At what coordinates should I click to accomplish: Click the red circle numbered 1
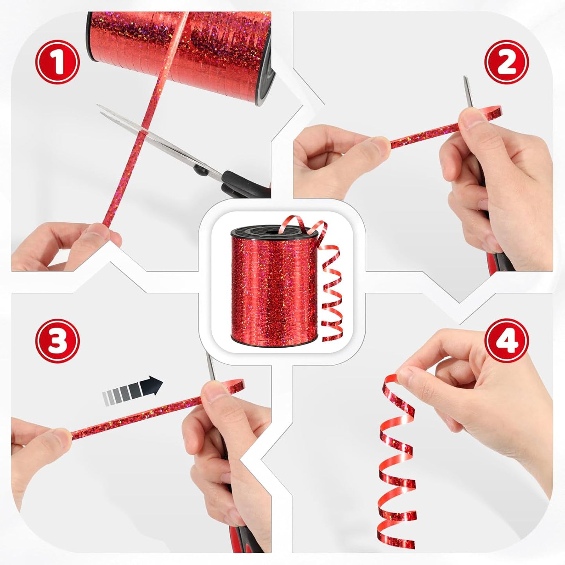57,62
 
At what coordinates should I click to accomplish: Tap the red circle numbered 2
507,62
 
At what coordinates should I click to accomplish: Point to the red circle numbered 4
507,341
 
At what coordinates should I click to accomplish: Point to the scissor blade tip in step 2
465,77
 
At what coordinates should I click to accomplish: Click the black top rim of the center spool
274,231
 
